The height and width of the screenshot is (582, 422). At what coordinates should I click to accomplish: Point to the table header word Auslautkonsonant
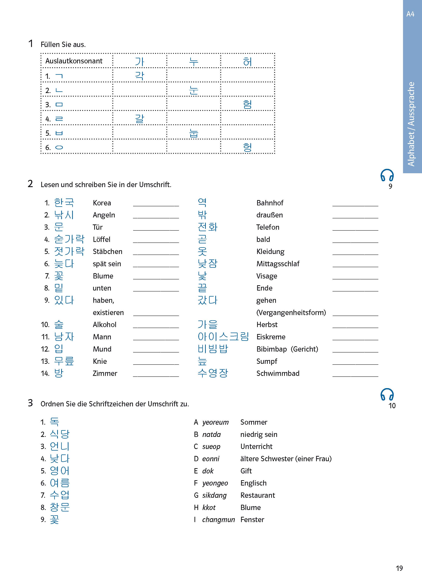74,61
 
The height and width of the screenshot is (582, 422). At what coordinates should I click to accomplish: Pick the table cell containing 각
140,75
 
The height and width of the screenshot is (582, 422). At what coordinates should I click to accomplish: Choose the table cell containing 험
247,104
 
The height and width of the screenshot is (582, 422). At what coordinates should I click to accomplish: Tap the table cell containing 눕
194,133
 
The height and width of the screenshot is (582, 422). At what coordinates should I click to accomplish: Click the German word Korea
102,203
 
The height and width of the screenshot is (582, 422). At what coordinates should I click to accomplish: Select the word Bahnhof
270,203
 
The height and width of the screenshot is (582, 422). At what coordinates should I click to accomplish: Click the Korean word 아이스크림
223,337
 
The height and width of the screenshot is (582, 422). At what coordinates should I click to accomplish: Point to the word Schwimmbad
278,373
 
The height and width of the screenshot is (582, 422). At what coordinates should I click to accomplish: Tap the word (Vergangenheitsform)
291,312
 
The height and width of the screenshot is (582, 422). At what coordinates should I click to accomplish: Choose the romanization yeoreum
215,422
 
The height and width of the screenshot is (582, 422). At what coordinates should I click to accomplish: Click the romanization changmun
218,520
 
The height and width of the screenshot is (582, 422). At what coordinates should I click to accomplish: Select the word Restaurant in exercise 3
257,495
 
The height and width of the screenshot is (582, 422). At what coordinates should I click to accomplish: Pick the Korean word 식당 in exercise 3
60,434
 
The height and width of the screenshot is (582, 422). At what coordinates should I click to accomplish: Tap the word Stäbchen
107,251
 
